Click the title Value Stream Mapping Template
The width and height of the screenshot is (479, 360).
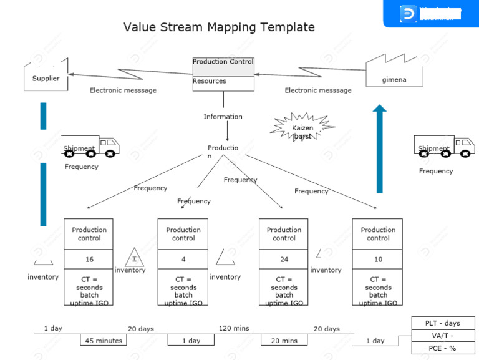pos(219,27)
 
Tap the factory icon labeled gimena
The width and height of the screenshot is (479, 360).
pos(394,71)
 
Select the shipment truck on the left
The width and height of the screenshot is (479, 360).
pos(90,147)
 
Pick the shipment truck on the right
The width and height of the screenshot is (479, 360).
pos(443,147)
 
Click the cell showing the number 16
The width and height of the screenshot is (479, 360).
pos(89,259)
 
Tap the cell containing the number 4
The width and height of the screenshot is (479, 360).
pos(183,259)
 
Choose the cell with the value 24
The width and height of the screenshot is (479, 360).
pos(284,259)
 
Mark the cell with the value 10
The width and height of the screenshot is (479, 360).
pos(377,259)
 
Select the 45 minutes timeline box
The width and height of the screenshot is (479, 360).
pos(103,340)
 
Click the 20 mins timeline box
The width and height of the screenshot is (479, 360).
pos(284,340)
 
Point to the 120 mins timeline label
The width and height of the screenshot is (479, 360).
pos(234,328)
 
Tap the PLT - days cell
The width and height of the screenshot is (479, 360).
pos(442,323)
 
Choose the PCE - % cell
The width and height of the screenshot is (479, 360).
pos(442,348)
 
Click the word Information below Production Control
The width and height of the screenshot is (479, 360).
pos(223,117)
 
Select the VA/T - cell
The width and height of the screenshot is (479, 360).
pos(442,336)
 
